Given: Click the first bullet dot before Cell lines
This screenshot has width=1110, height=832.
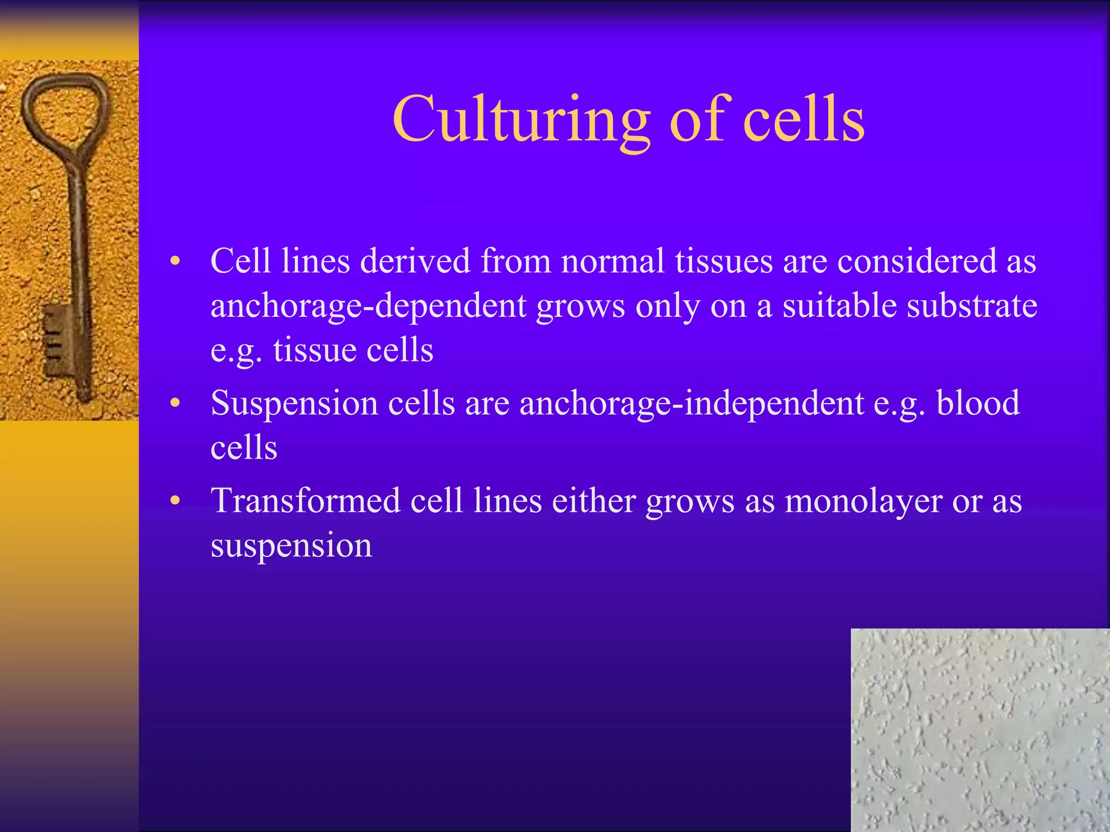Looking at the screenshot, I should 175,262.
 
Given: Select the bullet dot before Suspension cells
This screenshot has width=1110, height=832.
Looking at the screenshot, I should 175,404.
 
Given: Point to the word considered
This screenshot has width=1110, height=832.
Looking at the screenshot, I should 917,261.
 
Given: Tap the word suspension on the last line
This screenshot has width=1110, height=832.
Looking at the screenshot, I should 292,545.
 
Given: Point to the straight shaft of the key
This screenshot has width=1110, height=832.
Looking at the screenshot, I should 77,244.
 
